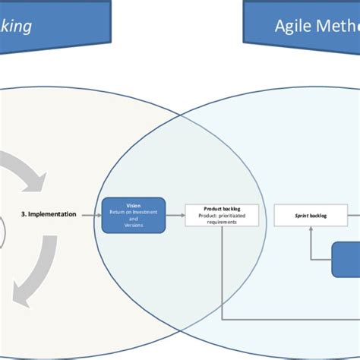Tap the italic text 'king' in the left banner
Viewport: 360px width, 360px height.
pos(16,27)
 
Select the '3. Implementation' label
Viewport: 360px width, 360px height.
pos(48,215)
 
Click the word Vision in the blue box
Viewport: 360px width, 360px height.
pos(133,206)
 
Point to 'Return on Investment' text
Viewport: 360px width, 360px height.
pos(133,212)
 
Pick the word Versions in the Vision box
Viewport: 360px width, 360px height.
pos(133,224)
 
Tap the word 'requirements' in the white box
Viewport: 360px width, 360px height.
pos(222,222)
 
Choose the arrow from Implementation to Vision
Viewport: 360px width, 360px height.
pos(90,215)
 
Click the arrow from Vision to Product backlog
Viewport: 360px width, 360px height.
pos(175,215)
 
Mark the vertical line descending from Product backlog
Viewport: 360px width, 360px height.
pos(222,266)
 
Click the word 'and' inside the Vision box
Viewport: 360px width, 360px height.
pos(133,218)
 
